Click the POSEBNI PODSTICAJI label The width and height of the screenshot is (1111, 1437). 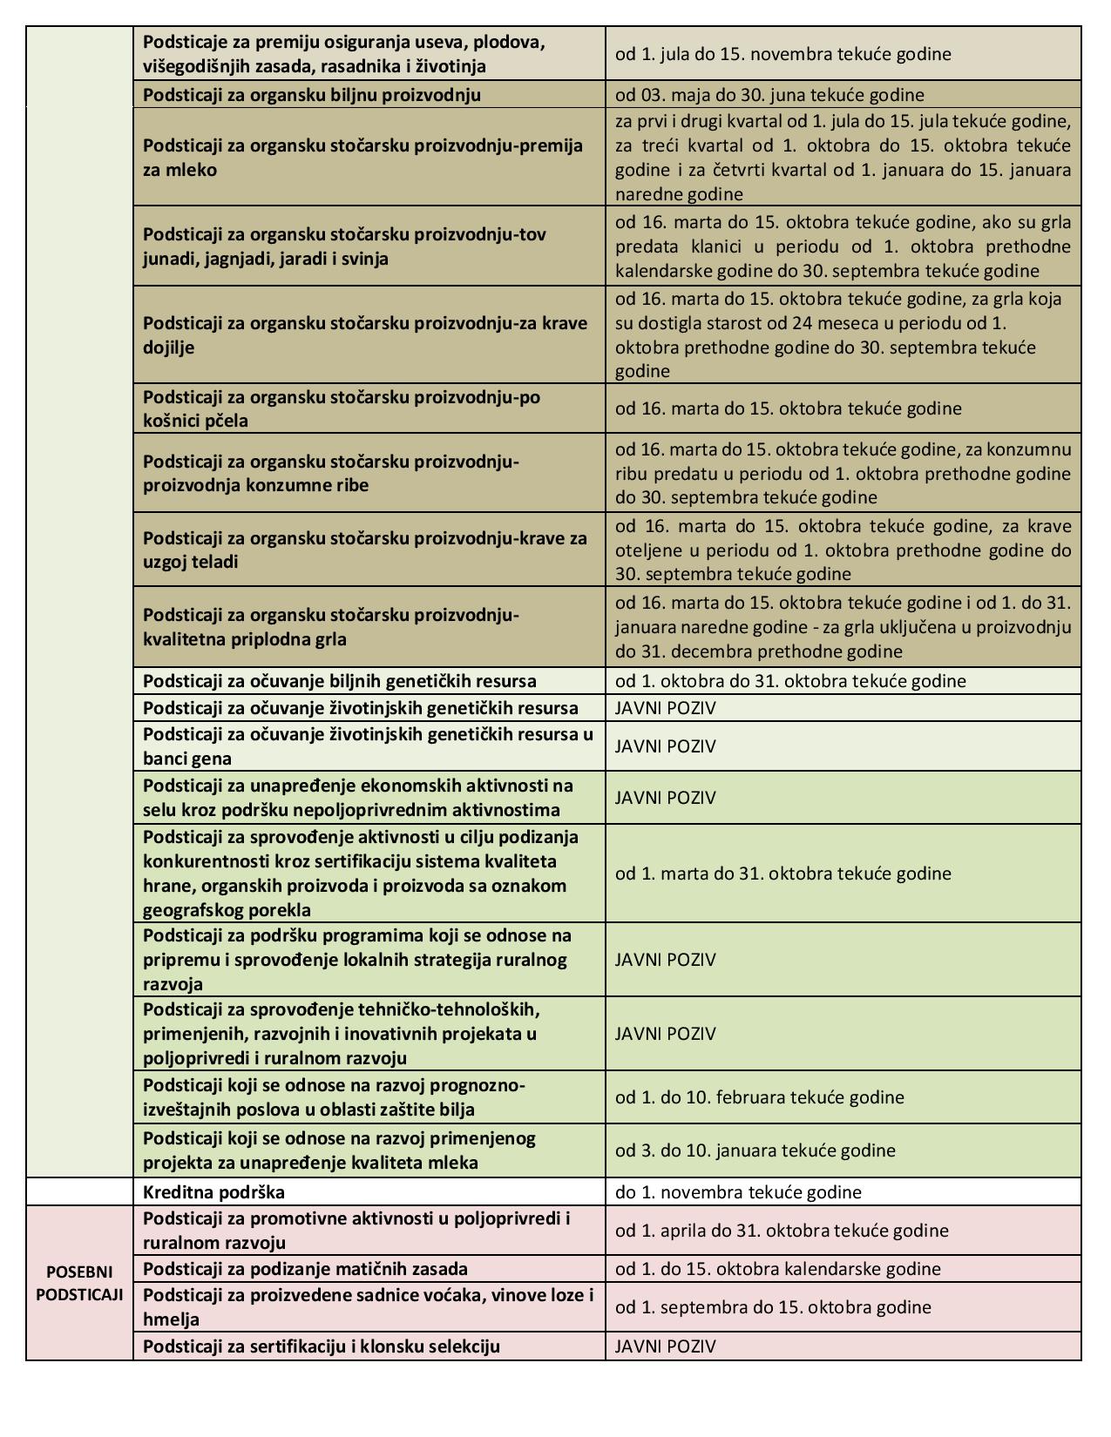(79, 1282)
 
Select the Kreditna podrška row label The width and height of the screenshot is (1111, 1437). (213, 1191)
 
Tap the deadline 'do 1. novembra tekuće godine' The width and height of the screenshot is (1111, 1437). (738, 1191)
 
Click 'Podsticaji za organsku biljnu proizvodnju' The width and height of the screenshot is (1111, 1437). (311, 94)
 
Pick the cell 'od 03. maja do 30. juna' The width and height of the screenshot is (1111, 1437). (769, 94)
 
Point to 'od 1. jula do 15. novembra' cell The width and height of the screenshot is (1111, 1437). (782, 54)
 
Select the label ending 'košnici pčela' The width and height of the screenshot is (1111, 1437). (195, 421)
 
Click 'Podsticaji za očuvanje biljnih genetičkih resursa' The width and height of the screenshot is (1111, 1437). (339, 681)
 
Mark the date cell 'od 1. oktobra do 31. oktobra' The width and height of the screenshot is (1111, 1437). (790, 681)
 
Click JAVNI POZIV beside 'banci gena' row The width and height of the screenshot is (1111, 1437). (665, 746)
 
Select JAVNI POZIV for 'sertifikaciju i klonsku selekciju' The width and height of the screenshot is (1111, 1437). (665, 1346)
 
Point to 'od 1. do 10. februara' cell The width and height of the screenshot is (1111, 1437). (759, 1097)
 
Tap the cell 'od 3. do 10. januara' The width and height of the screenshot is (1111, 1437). (755, 1150)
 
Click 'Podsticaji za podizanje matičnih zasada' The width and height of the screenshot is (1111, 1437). (305, 1269)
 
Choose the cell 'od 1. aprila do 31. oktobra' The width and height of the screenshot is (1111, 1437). (781, 1231)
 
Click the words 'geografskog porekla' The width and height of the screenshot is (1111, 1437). (227, 910)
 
